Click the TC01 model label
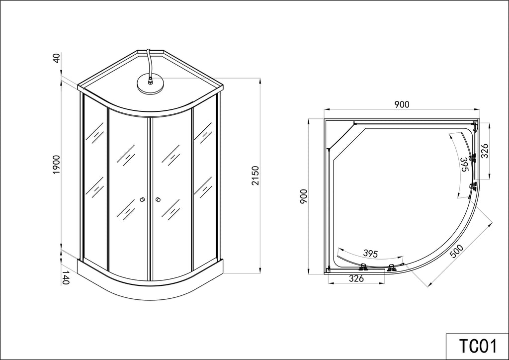pos(478,346)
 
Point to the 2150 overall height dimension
pos(256,176)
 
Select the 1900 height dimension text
pos(57,165)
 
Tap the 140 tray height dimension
pos(66,277)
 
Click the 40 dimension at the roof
pos(57,59)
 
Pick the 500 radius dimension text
pos(457,251)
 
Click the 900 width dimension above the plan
pos(402,104)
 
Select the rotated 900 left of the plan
pos(304,196)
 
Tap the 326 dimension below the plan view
pos(356,278)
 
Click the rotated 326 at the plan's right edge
pos(484,151)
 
